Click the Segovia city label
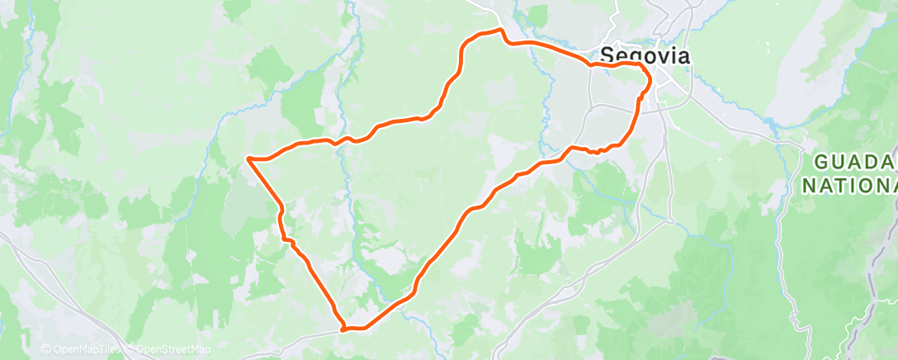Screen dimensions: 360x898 click(x=644, y=54)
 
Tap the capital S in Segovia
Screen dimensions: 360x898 click(x=607, y=54)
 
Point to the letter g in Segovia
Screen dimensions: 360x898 click(x=634, y=57)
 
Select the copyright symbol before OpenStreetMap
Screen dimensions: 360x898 click(x=130, y=350)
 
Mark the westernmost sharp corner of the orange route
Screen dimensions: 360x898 click(x=248, y=157)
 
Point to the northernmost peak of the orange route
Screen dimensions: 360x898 click(x=499, y=31)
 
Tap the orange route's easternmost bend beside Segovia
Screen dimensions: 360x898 click(x=650, y=80)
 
